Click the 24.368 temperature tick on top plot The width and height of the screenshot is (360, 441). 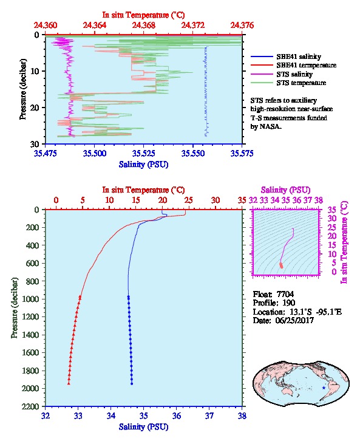coord(144,26)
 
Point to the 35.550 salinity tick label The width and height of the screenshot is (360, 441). coord(193,153)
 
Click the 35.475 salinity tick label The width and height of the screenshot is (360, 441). coord(46,153)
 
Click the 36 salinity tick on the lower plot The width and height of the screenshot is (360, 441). coord(177,415)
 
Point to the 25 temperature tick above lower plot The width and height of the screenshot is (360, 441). coord(189,200)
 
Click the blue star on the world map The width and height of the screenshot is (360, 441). coord(324,388)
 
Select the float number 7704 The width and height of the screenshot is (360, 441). coord(285,294)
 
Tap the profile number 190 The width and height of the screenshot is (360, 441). coord(288,303)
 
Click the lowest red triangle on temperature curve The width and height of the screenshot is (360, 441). coord(69,383)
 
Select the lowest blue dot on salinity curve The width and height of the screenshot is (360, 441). coord(132,383)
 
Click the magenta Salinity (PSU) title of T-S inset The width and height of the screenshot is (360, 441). coord(285,190)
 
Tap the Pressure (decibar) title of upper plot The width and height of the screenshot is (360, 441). coord(23,89)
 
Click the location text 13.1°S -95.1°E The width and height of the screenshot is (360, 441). coord(311,312)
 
